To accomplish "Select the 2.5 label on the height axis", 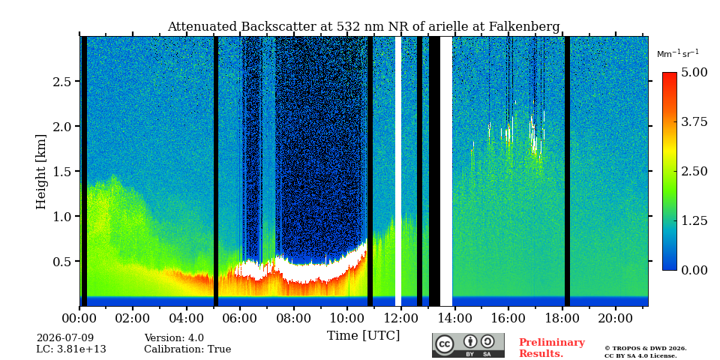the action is point(61,81).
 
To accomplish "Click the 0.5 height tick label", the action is point(61,261).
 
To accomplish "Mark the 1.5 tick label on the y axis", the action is point(61,171).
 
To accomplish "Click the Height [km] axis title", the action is point(41,172).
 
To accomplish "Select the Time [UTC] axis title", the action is point(363,336).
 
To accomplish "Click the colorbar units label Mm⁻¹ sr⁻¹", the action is point(678,54).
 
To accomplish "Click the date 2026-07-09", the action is point(65,338).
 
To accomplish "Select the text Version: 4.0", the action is point(174,338).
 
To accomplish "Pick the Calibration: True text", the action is point(187,349).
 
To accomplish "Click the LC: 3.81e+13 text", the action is point(71,349).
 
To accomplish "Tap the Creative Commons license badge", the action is point(468,345).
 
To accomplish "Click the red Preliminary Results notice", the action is point(552,347).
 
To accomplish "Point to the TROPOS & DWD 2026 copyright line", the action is point(646,349).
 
